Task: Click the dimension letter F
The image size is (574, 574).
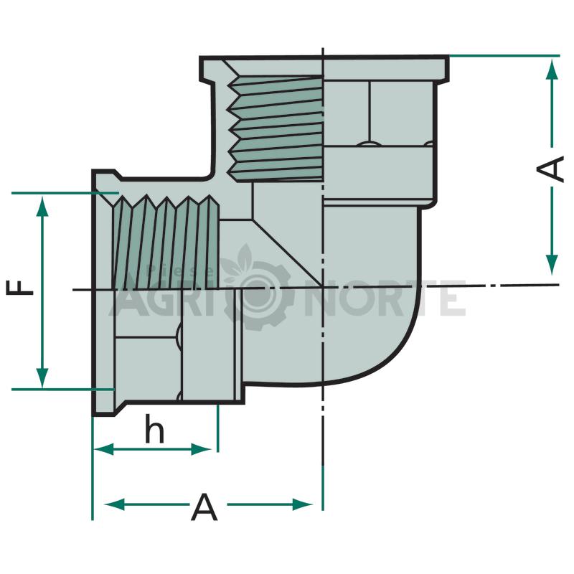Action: [x=20, y=288]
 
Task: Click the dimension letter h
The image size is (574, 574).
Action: [x=154, y=428]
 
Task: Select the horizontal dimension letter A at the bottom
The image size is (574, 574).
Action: [x=204, y=507]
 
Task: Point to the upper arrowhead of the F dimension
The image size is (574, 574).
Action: [x=43, y=207]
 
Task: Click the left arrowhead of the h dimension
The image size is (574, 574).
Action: [x=103, y=449]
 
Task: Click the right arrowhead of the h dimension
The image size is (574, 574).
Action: [x=201, y=449]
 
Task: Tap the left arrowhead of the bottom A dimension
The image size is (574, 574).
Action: [x=115, y=504]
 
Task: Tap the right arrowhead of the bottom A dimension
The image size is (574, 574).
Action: [x=302, y=504]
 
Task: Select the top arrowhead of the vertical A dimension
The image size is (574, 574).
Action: [x=552, y=69]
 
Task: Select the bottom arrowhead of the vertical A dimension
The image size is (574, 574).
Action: [x=552, y=264]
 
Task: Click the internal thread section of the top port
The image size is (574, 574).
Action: [x=276, y=128]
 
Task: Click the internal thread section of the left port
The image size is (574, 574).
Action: [x=166, y=243]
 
